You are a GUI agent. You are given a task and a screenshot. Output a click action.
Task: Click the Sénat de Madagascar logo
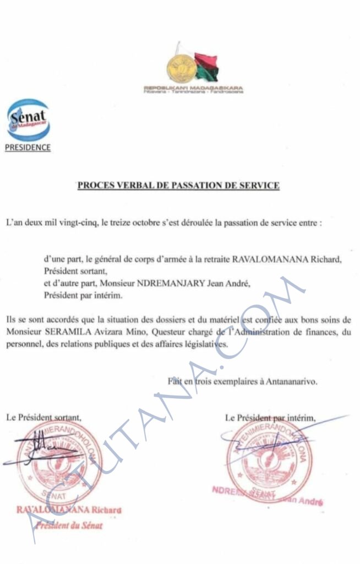coord(28,120)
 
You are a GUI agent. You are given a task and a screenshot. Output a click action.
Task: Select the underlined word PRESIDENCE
coord(28,148)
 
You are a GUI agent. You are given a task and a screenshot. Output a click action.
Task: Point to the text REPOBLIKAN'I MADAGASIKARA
coord(193,88)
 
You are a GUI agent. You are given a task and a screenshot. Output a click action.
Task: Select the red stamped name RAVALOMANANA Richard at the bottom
coord(68,510)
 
